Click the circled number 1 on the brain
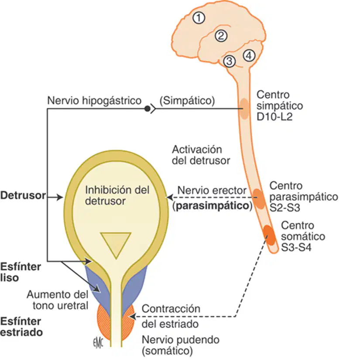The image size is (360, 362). click(199, 18)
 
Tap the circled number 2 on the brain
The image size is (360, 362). click(221, 36)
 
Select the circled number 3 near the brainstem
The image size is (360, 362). click(229, 61)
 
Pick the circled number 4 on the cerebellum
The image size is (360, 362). click(249, 55)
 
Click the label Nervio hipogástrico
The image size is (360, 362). click(94, 101)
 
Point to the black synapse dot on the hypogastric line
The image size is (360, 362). click(147, 109)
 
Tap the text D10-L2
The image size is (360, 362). click(274, 117)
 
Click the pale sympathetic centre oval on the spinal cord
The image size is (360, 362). click(244, 109)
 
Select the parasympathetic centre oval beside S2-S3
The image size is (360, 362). click(259, 199)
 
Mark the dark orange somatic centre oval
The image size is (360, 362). click(269, 235)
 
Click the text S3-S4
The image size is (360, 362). click(296, 247)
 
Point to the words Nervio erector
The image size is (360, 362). click(212, 191)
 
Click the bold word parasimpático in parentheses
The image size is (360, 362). click(213, 206)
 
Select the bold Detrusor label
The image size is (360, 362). click(23, 195)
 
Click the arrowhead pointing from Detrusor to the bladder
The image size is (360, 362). click(60, 197)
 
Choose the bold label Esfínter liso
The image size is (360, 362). click(21, 272)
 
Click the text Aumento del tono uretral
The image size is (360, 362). click(58, 300)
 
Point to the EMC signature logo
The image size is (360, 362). click(98, 343)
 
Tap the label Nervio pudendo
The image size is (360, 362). click(181, 340)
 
